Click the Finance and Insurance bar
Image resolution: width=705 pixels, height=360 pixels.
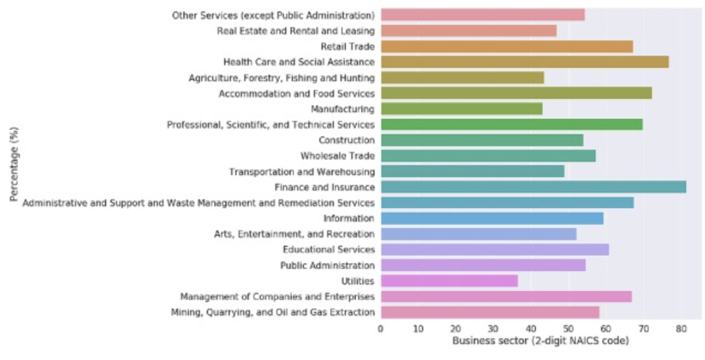coord(533,187)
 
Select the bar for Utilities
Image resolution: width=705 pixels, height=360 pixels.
coord(449,281)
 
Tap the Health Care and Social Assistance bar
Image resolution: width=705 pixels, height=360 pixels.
coord(524,62)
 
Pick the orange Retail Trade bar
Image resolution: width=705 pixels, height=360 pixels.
coord(507,46)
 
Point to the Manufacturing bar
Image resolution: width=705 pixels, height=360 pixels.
coord(461,109)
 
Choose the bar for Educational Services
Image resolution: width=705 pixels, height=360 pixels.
coord(494,250)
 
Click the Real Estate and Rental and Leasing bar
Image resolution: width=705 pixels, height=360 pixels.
coord(469,31)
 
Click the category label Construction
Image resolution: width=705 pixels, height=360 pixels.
coord(346,140)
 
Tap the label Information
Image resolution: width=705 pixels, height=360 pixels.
coord(349,218)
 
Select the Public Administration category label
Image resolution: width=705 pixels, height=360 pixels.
coord(327,266)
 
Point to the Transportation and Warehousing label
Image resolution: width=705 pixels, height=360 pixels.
coord(302,172)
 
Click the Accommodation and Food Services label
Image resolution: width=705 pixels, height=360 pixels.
coord(297,93)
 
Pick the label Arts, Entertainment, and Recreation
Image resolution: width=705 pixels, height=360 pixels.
coord(294,234)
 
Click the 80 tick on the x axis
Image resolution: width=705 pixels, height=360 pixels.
coord(681,330)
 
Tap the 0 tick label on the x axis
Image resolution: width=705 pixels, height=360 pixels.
coord(381,330)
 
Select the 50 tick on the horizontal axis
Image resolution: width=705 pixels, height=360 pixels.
coord(569,330)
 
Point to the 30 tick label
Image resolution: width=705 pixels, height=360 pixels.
coord(493,330)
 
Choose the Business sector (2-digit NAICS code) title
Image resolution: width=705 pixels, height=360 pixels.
coord(540,341)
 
